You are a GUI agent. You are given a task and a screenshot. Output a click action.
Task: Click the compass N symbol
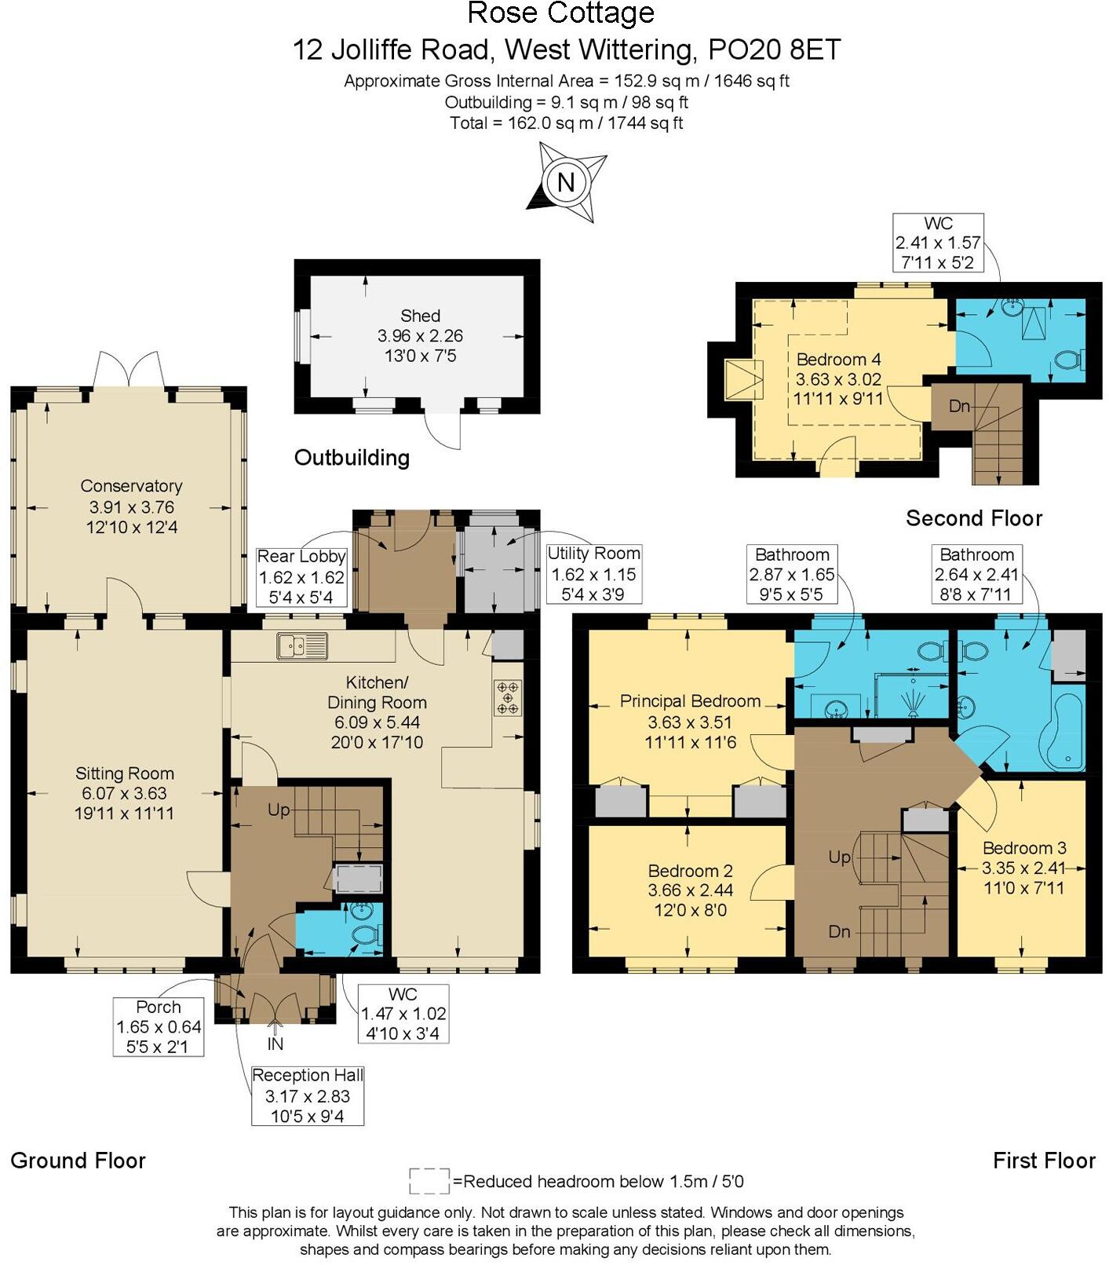(x=565, y=182)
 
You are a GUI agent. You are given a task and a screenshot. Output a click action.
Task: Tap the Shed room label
(x=420, y=316)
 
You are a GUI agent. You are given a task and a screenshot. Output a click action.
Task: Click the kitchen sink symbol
(x=302, y=646)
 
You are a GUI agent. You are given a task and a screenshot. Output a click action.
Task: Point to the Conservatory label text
(x=131, y=486)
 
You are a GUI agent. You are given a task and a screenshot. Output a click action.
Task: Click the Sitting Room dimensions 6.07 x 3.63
(x=124, y=793)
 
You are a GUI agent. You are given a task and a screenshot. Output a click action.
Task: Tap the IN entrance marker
(x=275, y=1044)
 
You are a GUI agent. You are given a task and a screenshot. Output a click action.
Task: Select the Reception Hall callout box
(x=307, y=1095)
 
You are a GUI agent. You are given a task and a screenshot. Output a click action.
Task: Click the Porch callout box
(x=159, y=1026)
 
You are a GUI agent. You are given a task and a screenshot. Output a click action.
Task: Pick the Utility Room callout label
(x=593, y=573)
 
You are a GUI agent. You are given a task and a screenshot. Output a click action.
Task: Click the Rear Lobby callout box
(x=301, y=576)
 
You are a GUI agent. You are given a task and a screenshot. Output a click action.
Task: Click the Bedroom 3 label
(x=1023, y=848)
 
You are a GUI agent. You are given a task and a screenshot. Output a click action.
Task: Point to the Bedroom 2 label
(x=690, y=871)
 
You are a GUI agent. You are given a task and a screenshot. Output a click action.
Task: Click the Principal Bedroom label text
(x=690, y=701)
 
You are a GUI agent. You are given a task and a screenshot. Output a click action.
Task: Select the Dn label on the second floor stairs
(x=959, y=406)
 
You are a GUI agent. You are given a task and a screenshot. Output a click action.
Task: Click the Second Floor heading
(x=973, y=518)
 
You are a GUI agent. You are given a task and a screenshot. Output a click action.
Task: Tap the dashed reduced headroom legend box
(x=429, y=1180)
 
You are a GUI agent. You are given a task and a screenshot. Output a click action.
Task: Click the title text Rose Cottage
(x=560, y=13)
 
